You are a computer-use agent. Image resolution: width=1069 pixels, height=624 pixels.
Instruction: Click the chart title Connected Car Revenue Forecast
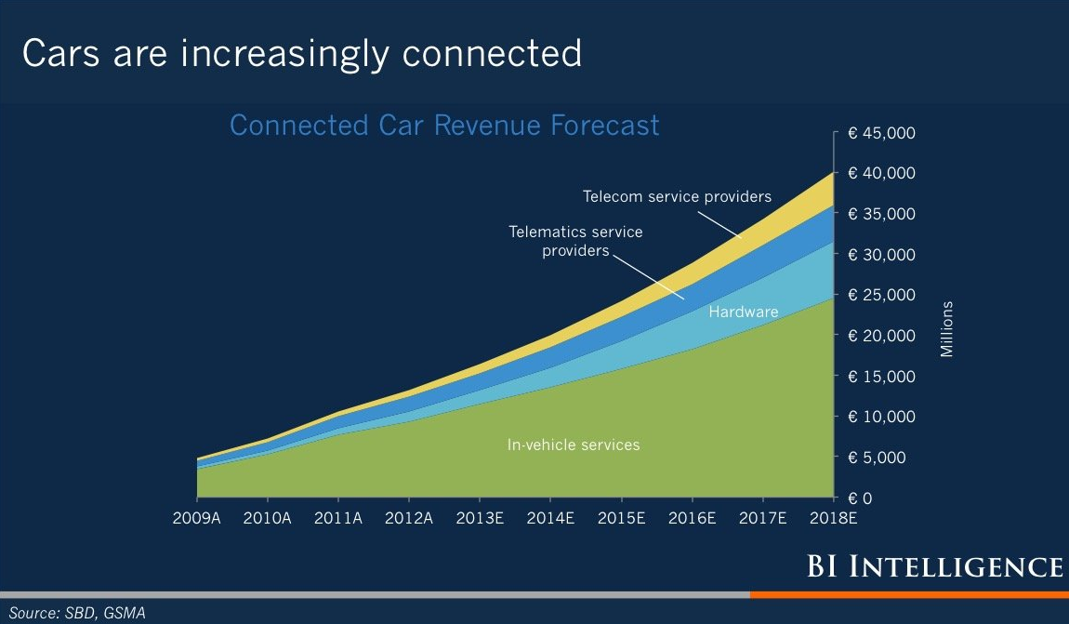[x=444, y=126]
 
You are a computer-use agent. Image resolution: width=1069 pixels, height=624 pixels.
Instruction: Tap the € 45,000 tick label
[x=881, y=133]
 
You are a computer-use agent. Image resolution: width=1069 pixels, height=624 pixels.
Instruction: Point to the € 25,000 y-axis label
[x=881, y=295]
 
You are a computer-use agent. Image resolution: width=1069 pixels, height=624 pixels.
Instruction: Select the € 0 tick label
[x=860, y=498]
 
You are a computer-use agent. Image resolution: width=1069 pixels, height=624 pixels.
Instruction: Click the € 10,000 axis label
[x=881, y=417]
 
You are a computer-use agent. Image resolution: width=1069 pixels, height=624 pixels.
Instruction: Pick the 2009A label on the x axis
[x=196, y=518]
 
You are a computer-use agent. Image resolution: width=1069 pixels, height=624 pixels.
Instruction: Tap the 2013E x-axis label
[x=480, y=518]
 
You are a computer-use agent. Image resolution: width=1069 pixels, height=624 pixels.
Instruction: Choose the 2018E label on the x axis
[x=833, y=518]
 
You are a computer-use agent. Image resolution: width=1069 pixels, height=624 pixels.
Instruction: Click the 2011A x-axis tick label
[x=338, y=518]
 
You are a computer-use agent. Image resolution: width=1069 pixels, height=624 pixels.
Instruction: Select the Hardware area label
[x=743, y=312]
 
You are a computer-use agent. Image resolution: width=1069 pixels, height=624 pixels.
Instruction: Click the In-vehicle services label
[x=574, y=445]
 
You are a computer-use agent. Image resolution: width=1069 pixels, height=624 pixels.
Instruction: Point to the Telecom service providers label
[x=677, y=196]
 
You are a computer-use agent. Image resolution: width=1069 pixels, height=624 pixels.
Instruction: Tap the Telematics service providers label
[x=575, y=242]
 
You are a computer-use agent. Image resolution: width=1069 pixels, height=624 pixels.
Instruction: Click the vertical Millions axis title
[x=947, y=328]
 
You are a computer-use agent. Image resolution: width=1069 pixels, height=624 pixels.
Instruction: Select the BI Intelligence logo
[x=935, y=566]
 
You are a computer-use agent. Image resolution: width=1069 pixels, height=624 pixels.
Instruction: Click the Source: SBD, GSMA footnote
[x=77, y=613]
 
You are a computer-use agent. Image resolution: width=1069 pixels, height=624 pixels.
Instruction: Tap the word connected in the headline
[x=492, y=54]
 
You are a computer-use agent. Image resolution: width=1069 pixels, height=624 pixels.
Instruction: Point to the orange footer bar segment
[x=909, y=595]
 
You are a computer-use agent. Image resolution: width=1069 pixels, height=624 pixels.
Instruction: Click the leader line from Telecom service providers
[x=719, y=224]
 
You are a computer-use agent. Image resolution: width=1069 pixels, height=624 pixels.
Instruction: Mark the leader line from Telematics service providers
[x=648, y=277]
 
